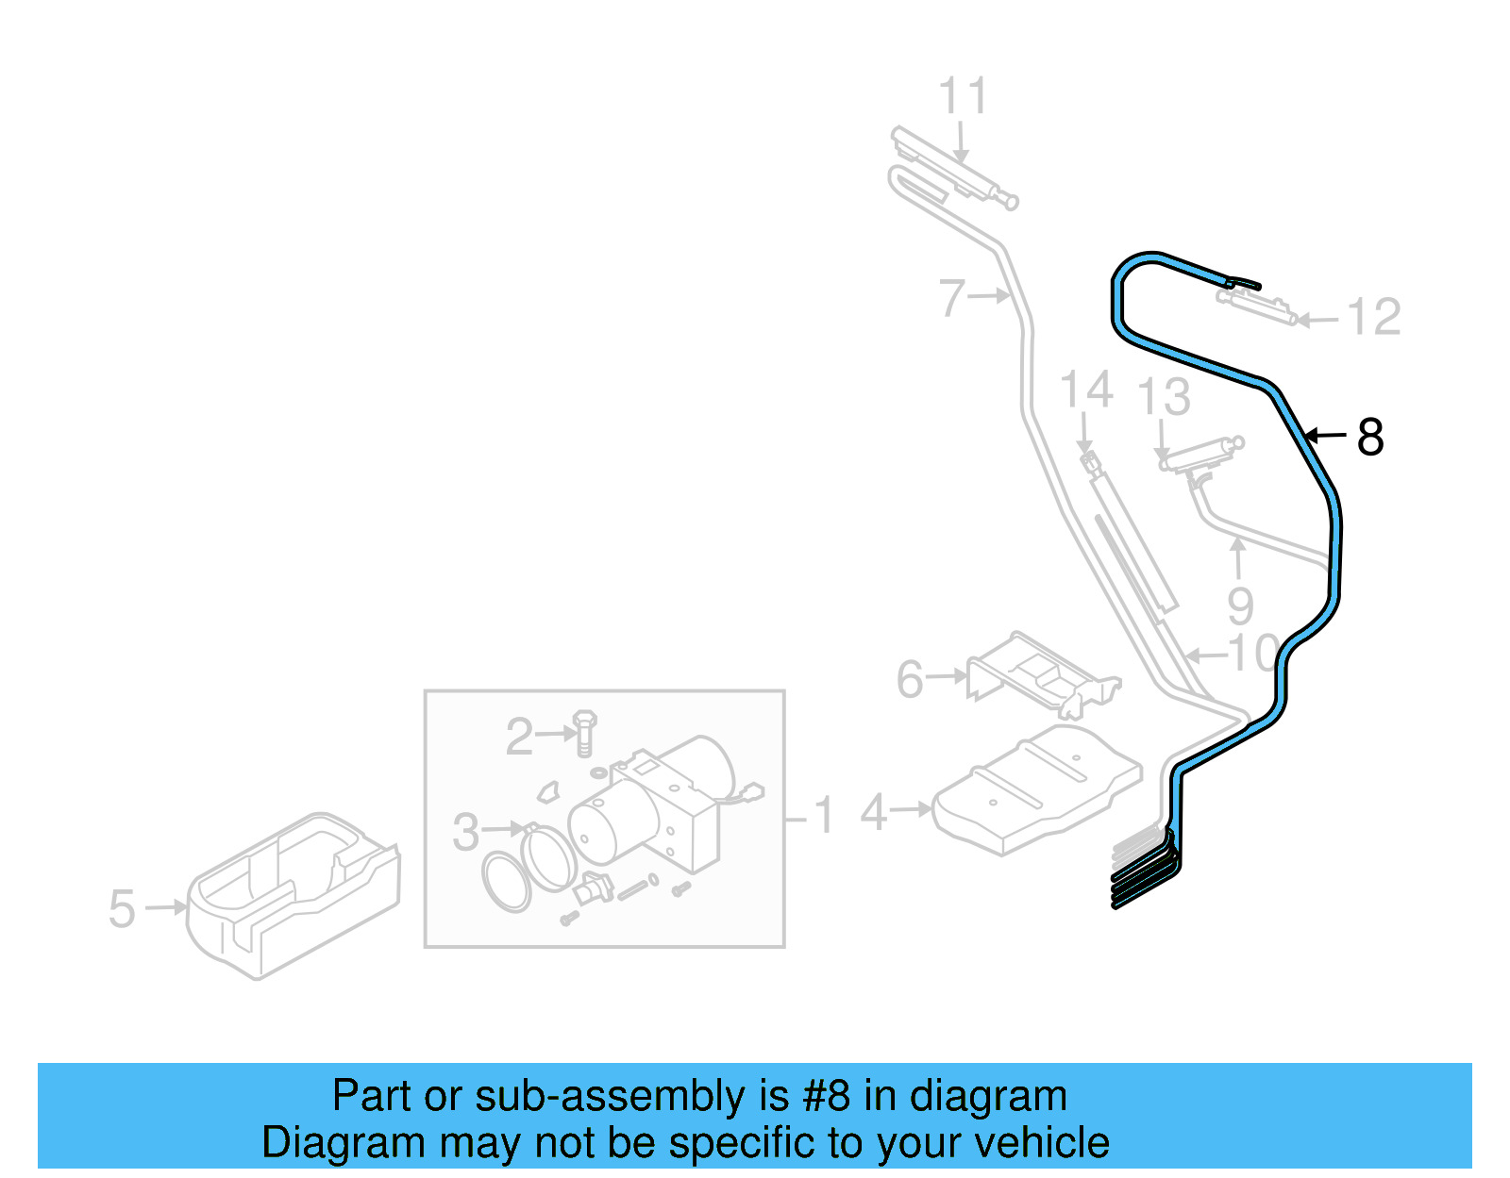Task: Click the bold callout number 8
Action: [1370, 438]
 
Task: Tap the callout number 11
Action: [963, 96]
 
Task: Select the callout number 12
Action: [1374, 317]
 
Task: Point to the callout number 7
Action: [952, 297]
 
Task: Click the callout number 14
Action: [1086, 390]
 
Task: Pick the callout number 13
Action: [1164, 396]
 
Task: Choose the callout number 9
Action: [1240, 606]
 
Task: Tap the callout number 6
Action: [910, 679]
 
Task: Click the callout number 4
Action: [874, 812]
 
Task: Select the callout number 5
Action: [122, 909]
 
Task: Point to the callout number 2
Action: [519, 737]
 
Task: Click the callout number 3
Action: [466, 832]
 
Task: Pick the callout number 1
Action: [824, 815]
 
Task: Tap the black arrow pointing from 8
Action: [1325, 435]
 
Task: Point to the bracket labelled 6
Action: [1038, 675]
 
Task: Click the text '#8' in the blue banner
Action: [826, 1097]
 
